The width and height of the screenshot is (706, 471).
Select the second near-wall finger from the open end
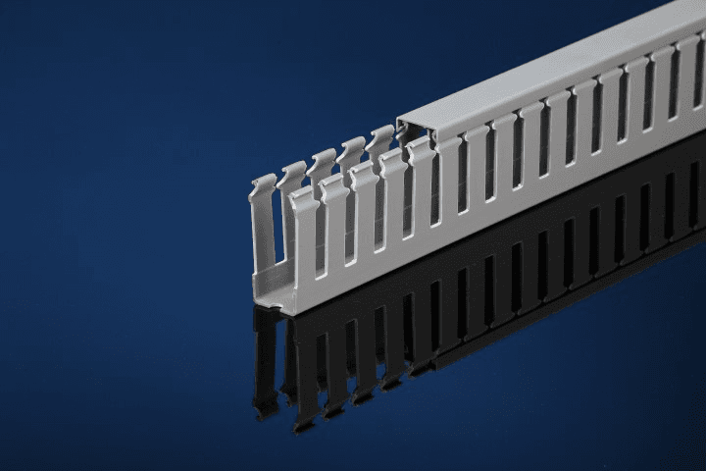click(x=334, y=226)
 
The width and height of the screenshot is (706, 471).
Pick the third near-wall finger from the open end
click(x=364, y=211)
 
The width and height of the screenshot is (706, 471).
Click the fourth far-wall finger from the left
click(x=351, y=153)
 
